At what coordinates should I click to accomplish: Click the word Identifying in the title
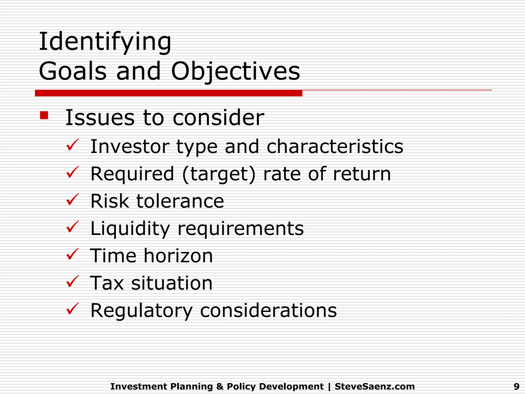[105, 42]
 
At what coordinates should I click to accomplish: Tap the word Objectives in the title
[235, 71]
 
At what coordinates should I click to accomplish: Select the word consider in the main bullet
[218, 118]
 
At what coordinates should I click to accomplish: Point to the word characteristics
[335, 147]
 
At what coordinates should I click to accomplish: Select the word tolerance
[180, 201]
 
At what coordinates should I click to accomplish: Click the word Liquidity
[130, 229]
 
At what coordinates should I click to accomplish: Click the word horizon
[178, 256]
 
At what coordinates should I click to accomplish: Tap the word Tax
[107, 283]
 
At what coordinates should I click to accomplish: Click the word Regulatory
[141, 311]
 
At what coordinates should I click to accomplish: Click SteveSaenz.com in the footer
[375, 386]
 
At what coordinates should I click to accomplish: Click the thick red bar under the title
[168, 93]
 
